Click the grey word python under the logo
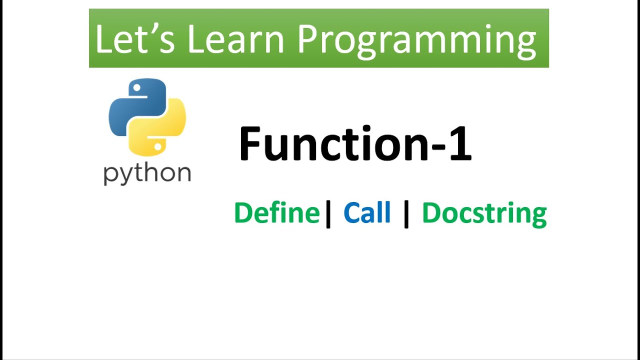click(147, 174)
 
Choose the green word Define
click(276, 213)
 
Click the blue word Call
click(367, 213)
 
